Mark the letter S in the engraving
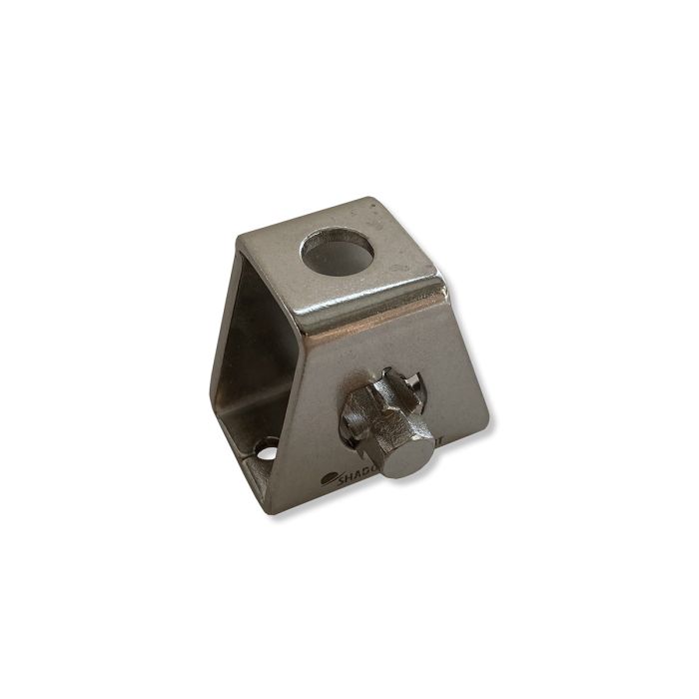click(x=343, y=479)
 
